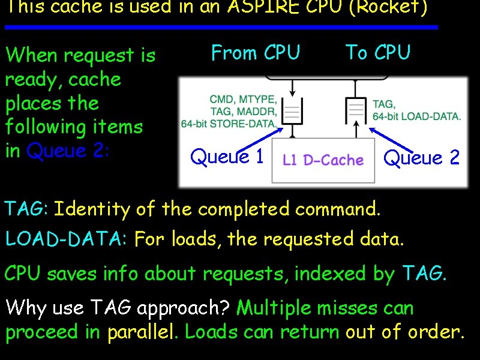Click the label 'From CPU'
(x=256, y=53)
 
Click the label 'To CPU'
(x=377, y=53)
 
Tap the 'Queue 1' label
(x=227, y=157)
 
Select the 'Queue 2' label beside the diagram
(x=421, y=158)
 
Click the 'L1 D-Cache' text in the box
(x=323, y=160)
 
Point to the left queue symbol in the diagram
(x=292, y=112)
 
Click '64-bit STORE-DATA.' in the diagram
(x=229, y=124)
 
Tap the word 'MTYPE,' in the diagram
(x=260, y=99)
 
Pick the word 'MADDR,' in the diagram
(x=259, y=111)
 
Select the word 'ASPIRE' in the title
(x=256, y=7)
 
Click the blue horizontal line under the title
(x=221, y=28)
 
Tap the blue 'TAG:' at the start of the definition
(x=26, y=209)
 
